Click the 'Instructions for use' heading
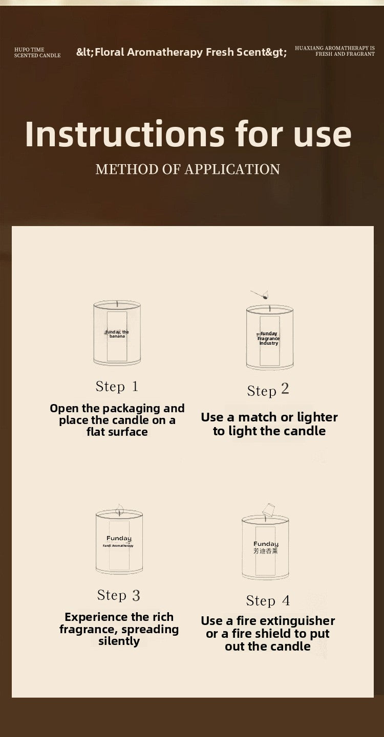point(188,134)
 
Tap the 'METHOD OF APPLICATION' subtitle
point(188,169)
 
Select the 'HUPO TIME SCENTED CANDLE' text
point(37,53)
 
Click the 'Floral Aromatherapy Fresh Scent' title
point(181,52)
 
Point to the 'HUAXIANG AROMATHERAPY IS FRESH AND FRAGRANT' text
point(335,51)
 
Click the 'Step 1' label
point(117,386)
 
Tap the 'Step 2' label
point(268,390)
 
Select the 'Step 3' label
point(119,595)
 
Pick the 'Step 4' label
point(268,601)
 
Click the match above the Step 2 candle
point(260,295)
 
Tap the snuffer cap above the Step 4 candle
point(269,509)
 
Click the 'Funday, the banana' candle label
point(117,334)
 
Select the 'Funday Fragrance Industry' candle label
point(268,338)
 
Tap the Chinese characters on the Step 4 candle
point(265,551)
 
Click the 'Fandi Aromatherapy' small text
point(118,546)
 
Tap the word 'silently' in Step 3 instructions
point(119,641)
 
